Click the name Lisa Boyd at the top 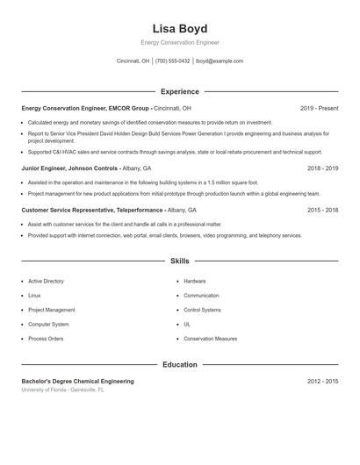(179, 28)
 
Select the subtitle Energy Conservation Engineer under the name (179, 42)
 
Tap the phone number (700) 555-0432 (172, 61)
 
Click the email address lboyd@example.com (220, 61)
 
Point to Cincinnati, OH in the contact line (133, 61)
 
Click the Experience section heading (179, 91)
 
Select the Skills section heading (179, 261)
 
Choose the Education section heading (179, 365)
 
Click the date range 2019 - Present (319, 109)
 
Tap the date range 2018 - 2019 (322, 168)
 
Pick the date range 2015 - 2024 (322, 211)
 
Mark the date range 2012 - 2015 (322, 382)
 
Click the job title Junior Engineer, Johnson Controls (69, 168)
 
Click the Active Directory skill (46, 282)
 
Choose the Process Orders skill (46, 339)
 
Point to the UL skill (187, 325)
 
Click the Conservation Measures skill (210, 339)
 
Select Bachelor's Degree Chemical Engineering (77, 382)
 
